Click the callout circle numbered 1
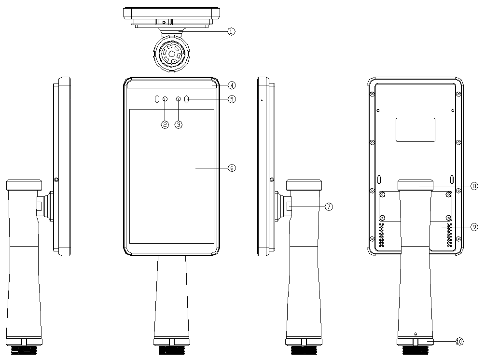[x=231, y=31]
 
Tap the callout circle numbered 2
[x=165, y=125]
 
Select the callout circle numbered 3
[x=179, y=125]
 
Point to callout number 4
[x=232, y=85]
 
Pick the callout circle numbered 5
[x=232, y=99]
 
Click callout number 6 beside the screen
[x=232, y=168]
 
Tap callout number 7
[x=329, y=207]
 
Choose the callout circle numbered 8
[x=474, y=186]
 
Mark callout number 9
[x=474, y=227]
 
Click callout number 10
[x=459, y=342]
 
